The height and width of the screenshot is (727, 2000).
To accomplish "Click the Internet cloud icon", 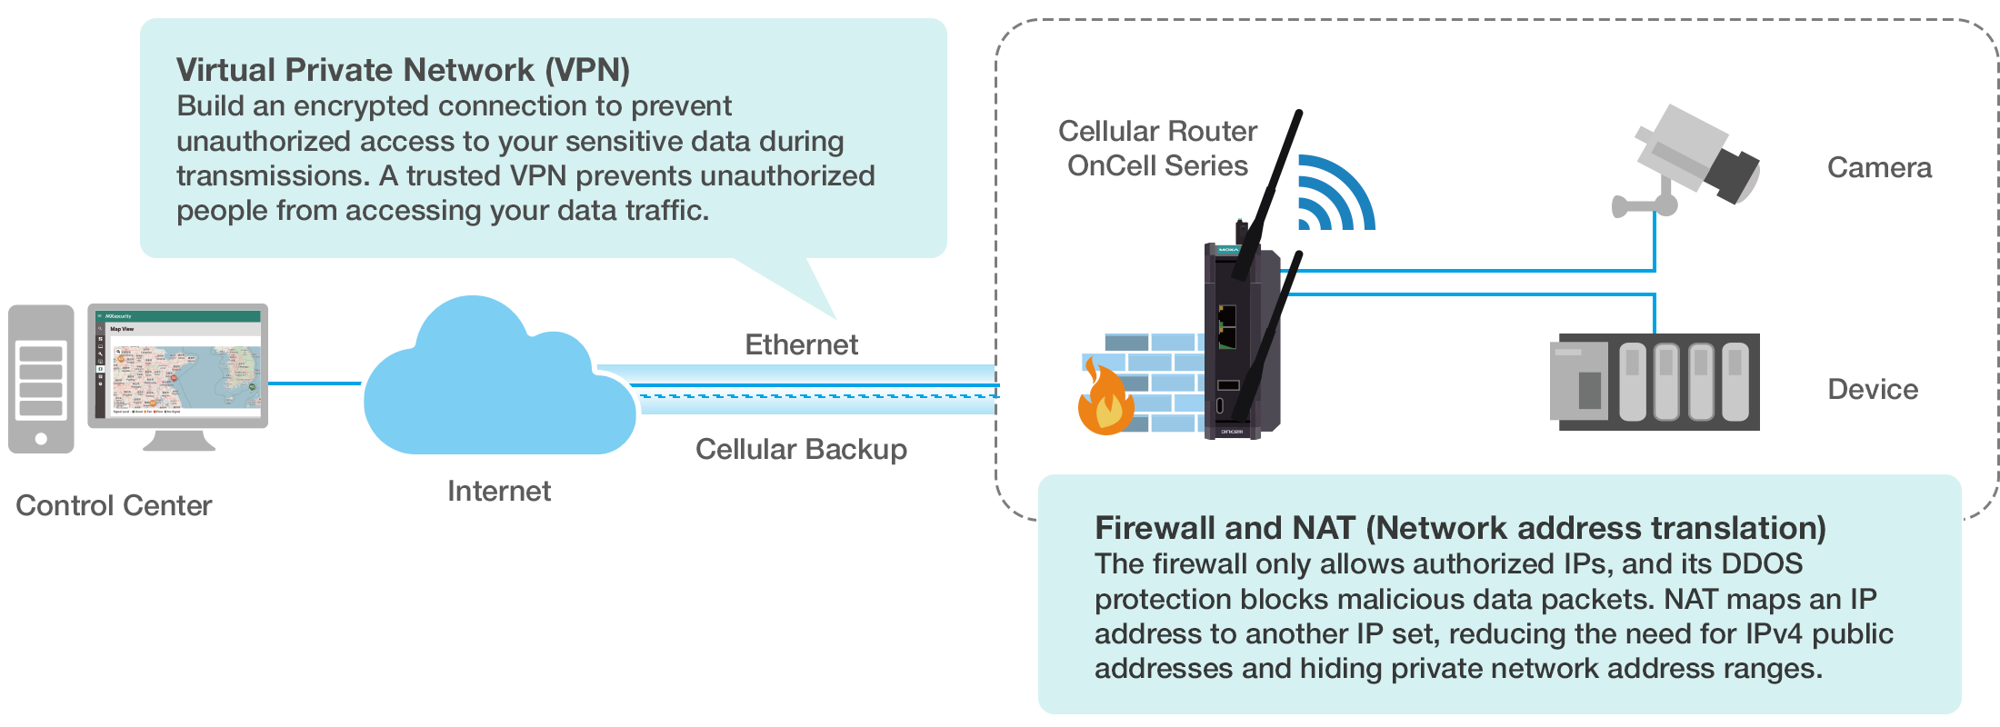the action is coord(499,382).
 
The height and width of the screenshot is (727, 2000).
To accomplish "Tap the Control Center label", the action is coord(114,505).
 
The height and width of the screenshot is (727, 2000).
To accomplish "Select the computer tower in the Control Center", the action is coord(41,379).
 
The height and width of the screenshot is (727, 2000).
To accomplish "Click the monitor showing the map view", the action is coord(178,376).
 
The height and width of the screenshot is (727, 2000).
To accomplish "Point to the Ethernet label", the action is coord(801,344).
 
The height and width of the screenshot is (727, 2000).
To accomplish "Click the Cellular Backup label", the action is coord(801,449).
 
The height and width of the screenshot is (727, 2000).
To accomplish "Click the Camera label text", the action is coord(1879,167).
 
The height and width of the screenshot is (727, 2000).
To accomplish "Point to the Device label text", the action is coord(1873,389).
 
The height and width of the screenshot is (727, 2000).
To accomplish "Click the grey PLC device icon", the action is coord(1655,382).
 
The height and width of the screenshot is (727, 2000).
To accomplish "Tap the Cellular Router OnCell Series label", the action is coord(1157,148).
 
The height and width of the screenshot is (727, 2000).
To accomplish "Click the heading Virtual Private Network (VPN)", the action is coord(403,70).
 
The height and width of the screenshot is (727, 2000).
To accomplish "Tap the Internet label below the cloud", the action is coord(499,491).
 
